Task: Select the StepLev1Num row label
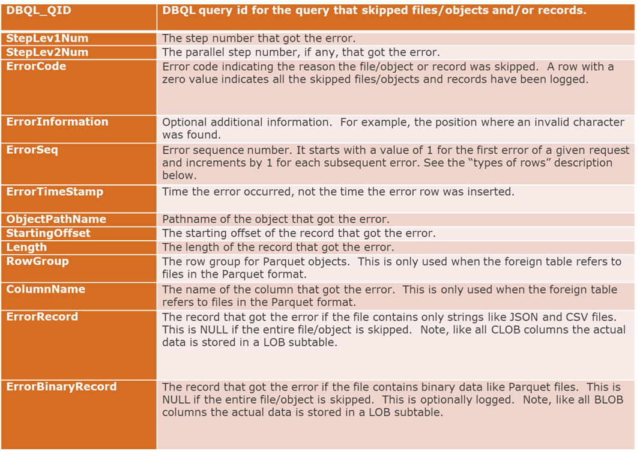tap(47, 38)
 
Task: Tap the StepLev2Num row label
tap(47, 52)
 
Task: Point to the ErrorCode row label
tap(36, 66)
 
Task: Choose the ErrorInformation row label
tap(57, 122)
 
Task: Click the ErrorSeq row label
tap(32, 150)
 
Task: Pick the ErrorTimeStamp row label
tap(55, 192)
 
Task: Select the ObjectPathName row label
tap(56, 219)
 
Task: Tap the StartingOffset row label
tap(48, 233)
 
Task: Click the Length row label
tap(26, 247)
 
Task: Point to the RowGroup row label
tap(37, 261)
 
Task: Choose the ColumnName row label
tap(46, 289)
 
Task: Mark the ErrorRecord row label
tap(42, 316)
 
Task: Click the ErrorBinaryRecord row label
tap(61, 387)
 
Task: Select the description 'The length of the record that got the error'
tap(278, 247)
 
